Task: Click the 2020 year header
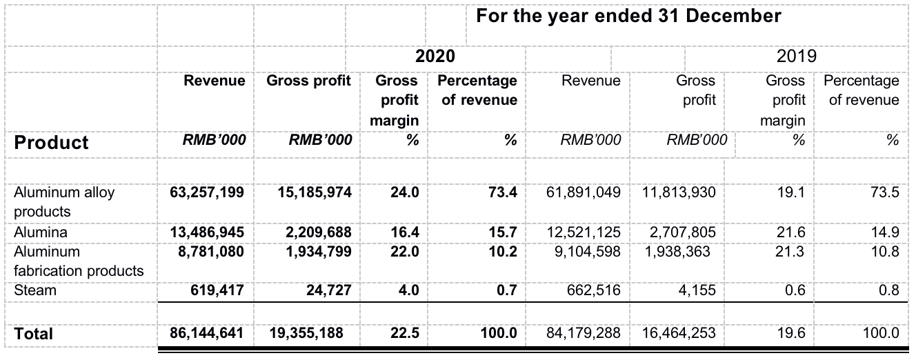tap(435, 57)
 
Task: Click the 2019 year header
tap(797, 57)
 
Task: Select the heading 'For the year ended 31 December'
tap(628, 16)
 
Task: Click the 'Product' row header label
tap(52, 143)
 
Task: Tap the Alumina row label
tap(41, 232)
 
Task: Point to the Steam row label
tap(35, 290)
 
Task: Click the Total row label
tap(34, 334)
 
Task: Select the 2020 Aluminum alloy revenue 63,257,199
tap(207, 192)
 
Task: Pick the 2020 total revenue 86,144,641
tap(207, 334)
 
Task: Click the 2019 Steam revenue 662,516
tap(591, 290)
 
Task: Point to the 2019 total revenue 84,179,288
tap(584, 334)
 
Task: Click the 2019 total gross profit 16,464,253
tap(679, 334)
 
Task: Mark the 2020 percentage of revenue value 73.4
tap(503, 192)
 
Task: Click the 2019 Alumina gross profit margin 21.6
tap(790, 232)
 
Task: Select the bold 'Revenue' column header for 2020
tap(214, 81)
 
